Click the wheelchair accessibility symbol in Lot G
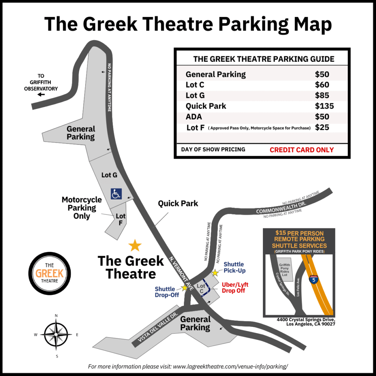(x=116, y=194)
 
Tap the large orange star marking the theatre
(x=135, y=245)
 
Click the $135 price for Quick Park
(x=324, y=106)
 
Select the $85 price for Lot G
(x=322, y=95)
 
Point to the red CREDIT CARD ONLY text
(x=301, y=150)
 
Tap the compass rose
(x=56, y=335)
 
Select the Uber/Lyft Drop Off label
(x=235, y=288)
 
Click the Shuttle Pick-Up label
(x=234, y=267)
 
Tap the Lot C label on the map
(x=201, y=288)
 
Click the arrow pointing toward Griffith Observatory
(x=41, y=95)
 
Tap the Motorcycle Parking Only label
(x=82, y=208)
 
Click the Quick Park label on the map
(x=178, y=203)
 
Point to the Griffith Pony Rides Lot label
(x=285, y=271)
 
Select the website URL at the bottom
(x=230, y=366)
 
